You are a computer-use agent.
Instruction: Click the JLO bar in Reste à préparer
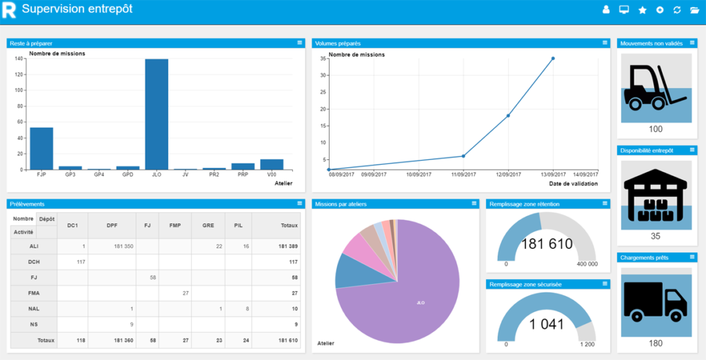click(x=157, y=114)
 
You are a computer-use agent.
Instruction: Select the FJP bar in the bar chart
click(x=41, y=148)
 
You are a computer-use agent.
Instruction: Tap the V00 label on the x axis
click(x=271, y=175)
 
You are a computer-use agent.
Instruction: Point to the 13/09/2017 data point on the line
click(x=553, y=59)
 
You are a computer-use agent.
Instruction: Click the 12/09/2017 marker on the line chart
click(x=508, y=116)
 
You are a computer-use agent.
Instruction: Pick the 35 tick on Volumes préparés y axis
click(x=323, y=59)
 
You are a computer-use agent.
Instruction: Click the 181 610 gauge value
click(x=547, y=243)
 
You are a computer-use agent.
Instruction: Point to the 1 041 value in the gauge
click(x=547, y=324)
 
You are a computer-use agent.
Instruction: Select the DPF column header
click(x=112, y=225)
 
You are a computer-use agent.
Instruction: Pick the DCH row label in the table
click(x=34, y=262)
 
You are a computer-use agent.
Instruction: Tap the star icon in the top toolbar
click(x=643, y=10)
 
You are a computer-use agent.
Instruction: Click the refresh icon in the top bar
click(x=677, y=10)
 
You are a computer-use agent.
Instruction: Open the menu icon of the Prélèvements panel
click(x=299, y=203)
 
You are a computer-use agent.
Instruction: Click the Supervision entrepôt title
click(x=77, y=9)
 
